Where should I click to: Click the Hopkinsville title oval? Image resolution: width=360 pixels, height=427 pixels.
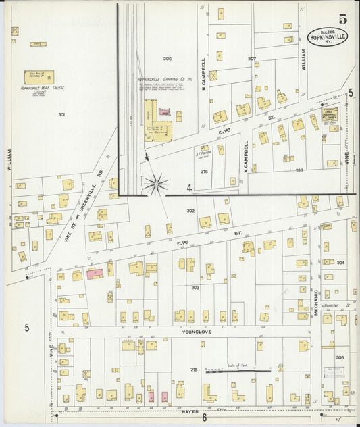pos(328,36)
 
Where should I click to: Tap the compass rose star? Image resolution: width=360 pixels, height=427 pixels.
pos(155,182)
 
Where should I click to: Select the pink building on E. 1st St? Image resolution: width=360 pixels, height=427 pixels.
pos(94,273)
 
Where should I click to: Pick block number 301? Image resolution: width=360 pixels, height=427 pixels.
pos(61,114)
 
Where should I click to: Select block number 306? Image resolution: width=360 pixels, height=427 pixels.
pos(167,59)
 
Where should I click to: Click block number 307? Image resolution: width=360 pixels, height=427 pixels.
pos(251,59)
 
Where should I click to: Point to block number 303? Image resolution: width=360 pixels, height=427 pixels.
pos(195,287)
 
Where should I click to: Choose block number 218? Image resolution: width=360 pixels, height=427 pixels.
pos(194,370)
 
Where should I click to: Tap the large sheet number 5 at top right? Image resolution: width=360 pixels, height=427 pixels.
pos(344,18)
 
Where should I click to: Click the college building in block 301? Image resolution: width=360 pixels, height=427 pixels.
pos(40,77)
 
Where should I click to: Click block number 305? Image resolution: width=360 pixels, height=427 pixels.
pos(339,357)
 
